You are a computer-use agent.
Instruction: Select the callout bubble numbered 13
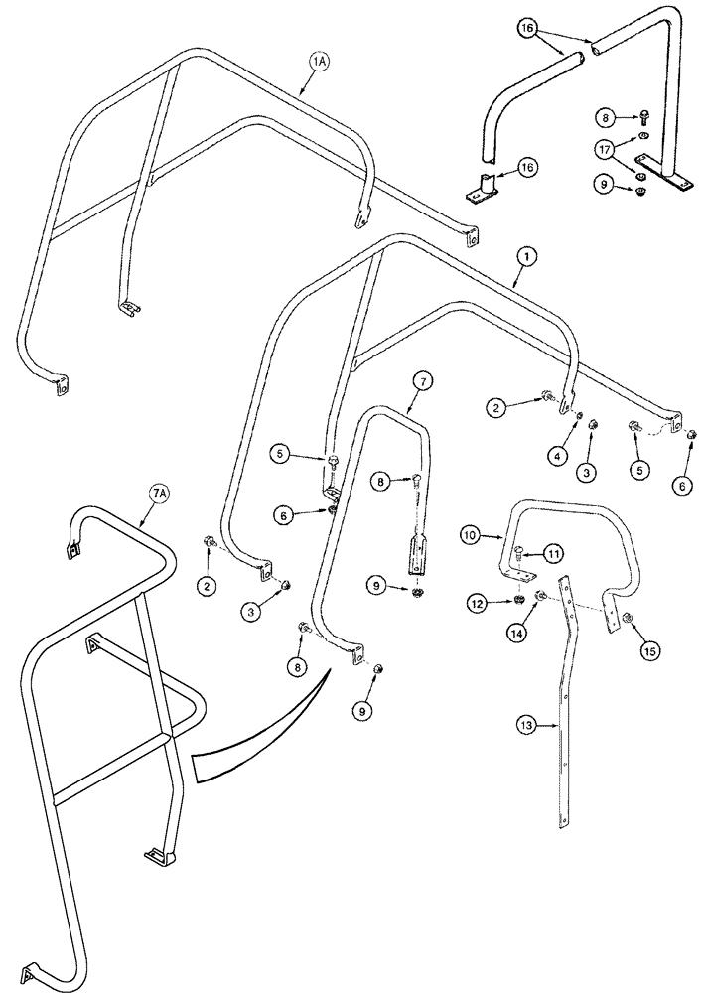tap(527, 726)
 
